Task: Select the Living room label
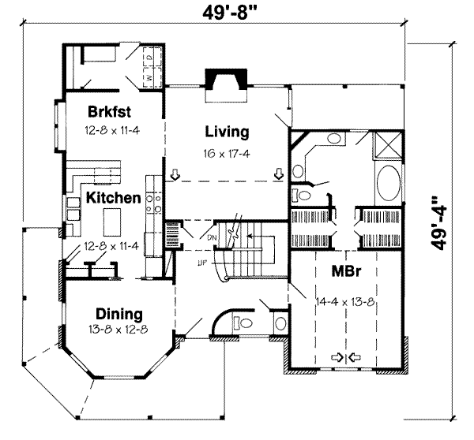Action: [226, 132]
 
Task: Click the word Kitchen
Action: [114, 198]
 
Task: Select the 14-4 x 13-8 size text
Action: [346, 300]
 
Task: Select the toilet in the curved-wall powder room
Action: [244, 323]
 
